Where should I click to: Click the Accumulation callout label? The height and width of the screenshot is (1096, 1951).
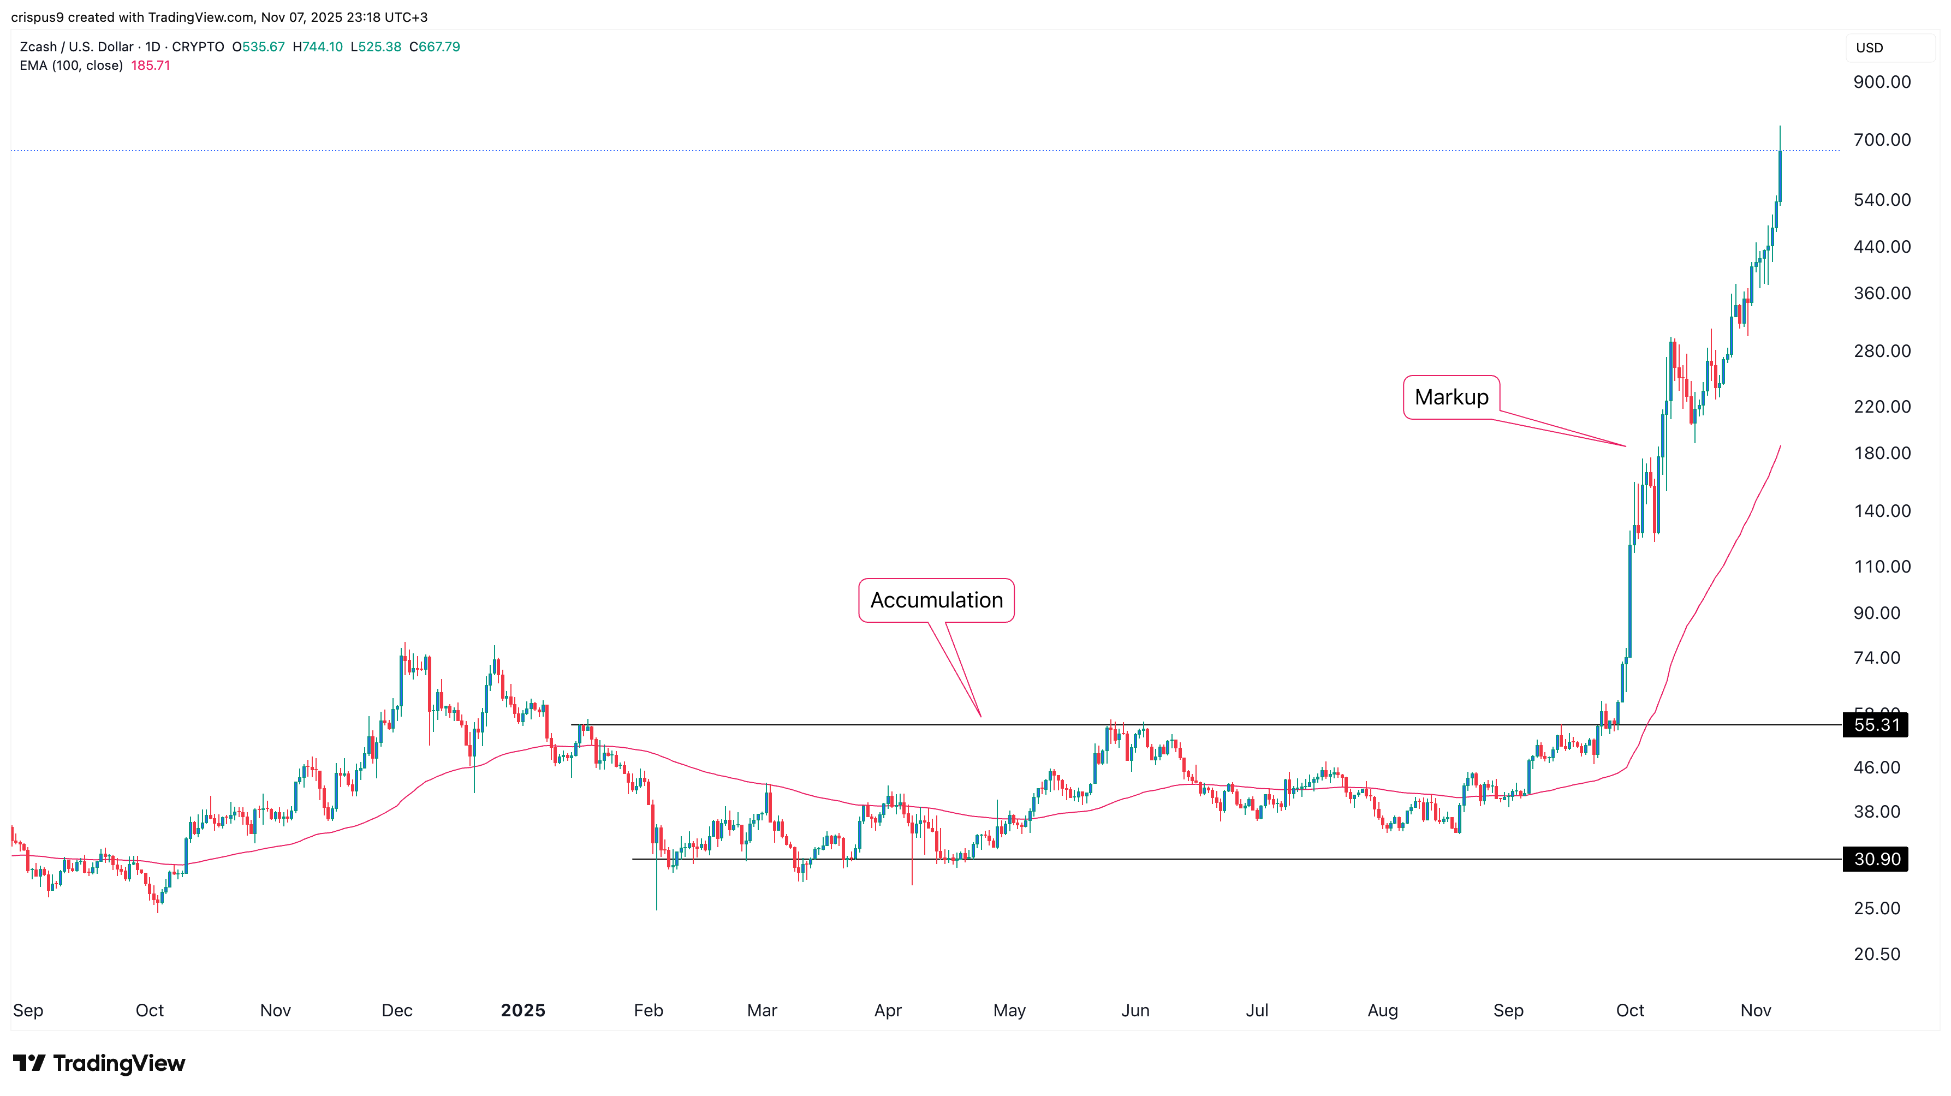936,600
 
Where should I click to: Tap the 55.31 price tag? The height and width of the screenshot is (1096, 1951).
1876,725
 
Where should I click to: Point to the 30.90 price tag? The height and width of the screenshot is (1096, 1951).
1876,859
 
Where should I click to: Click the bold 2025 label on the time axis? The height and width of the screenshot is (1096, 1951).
522,1010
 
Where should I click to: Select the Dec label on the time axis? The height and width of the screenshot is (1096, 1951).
397,1010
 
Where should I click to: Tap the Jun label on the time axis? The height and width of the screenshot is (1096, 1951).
1134,1010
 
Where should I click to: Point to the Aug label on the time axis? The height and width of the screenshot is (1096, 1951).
1382,1010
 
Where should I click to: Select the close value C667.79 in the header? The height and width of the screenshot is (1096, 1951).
435,47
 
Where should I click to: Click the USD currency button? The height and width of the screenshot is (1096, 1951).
1869,47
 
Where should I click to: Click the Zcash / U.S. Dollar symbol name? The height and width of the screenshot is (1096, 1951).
76,47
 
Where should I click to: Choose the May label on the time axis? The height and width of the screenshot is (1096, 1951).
1009,1010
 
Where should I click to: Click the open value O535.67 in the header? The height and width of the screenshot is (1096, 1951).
258,47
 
